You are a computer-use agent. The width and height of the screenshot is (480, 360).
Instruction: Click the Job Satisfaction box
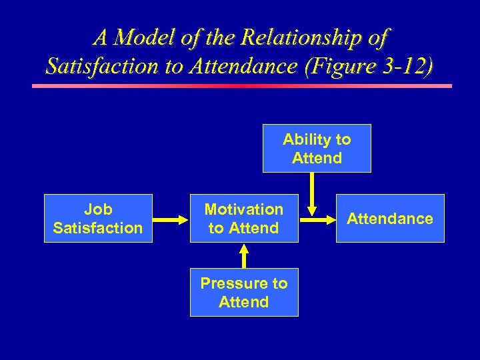click(x=98, y=218)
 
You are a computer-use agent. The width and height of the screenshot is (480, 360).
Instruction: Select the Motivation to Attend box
click(x=244, y=218)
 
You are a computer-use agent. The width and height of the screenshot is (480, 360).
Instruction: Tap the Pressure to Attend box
click(x=244, y=292)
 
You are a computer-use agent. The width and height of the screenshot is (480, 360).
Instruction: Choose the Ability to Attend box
click(x=317, y=148)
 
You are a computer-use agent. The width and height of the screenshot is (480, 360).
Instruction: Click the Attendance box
click(x=390, y=218)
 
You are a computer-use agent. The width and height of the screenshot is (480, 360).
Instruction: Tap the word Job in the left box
click(x=97, y=209)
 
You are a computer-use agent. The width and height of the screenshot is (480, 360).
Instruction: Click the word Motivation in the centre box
click(x=244, y=209)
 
